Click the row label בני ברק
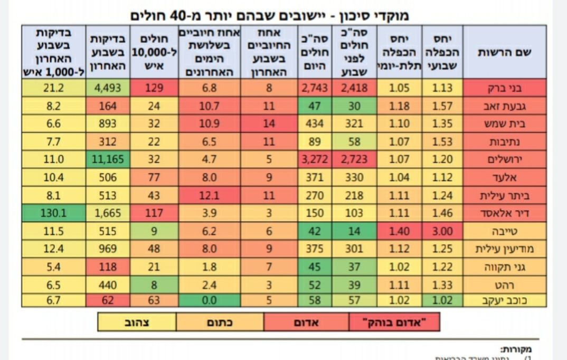click(505, 88)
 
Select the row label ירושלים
click(505, 159)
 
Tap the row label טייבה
click(505, 231)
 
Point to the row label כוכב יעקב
click(505, 301)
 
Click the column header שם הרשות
click(505, 52)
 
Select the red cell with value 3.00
click(442, 231)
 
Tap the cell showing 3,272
click(315, 159)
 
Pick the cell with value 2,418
click(354, 88)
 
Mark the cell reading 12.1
click(210, 195)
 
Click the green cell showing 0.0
click(210, 301)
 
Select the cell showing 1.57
click(442, 106)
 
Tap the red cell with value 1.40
click(399, 231)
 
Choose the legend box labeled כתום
click(219, 322)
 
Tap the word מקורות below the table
click(516, 349)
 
